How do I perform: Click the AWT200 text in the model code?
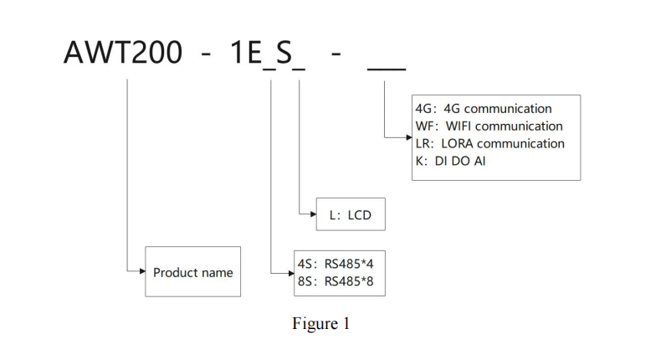122,52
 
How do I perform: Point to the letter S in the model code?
284,52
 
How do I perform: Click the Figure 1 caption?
320,324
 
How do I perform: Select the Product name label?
192,272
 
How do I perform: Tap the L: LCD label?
350,215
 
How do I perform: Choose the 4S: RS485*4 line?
336,263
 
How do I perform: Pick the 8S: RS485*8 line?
336,280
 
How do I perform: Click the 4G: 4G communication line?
484,109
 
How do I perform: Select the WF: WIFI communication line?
489,126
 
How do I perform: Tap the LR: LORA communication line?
490,143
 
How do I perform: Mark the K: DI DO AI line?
451,161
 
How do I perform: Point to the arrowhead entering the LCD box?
313,215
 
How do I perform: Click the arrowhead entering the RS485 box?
289,271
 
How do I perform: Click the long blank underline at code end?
387,66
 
